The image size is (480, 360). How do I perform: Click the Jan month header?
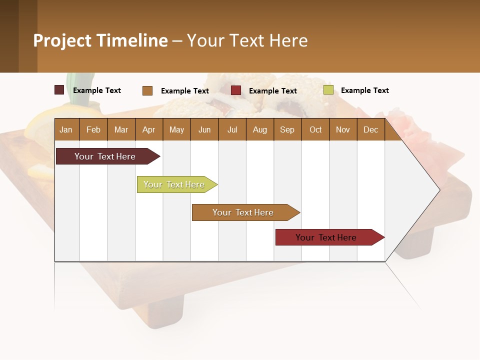pyautogui.click(x=66, y=129)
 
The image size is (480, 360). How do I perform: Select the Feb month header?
pyautogui.click(x=93, y=129)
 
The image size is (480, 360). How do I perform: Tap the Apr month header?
pyautogui.click(x=148, y=129)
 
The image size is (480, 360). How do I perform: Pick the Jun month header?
pyautogui.click(x=204, y=129)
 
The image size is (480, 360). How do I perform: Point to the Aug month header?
pyautogui.click(x=259, y=129)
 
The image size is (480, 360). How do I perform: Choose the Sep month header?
pyautogui.click(x=287, y=129)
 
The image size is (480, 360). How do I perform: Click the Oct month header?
pyautogui.click(x=315, y=129)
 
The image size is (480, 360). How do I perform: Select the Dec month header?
pyautogui.click(x=370, y=129)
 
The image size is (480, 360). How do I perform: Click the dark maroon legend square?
pyautogui.click(x=59, y=90)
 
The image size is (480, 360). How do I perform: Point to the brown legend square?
pyautogui.click(x=147, y=90)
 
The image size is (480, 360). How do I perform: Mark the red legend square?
pyautogui.click(x=236, y=90)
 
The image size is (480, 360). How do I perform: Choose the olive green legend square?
pyautogui.click(x=328, y=90)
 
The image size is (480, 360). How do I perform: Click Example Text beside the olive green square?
pyautogui.click(x=364, y=90)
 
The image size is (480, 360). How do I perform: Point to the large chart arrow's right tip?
pyautogui.click(x=439, y=190)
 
